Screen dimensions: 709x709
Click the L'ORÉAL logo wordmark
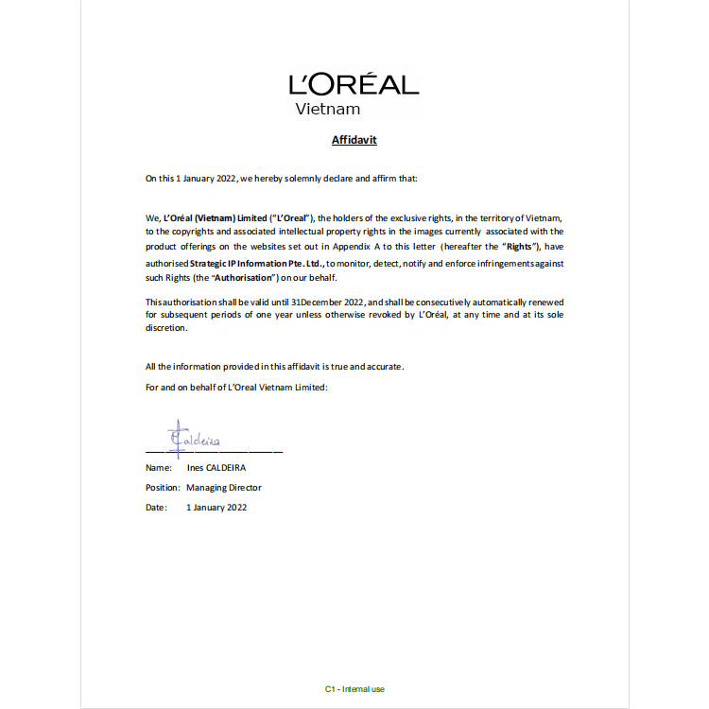(x=354, y=84)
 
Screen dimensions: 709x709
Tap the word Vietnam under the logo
(x=327, y=109)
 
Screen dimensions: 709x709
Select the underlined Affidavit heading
(x=354, y=140)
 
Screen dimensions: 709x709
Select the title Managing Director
(x=224, y=488)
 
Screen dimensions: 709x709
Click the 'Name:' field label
(x=158, y=467)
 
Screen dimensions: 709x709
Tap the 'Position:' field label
(x=163, y=488)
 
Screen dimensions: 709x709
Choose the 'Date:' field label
(x=156, y=508)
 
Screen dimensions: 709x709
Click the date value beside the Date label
(x=216, y=508)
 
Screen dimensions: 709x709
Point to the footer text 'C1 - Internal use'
(x=354, y=689)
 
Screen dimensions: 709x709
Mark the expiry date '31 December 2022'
(x=328, y=301)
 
